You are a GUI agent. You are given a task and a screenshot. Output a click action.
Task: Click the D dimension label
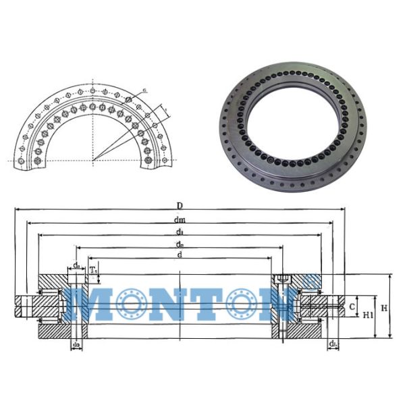click(180, 205)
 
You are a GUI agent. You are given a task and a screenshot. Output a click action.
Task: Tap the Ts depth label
click(94, 270)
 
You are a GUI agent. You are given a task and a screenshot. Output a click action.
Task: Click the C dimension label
click(353, 306)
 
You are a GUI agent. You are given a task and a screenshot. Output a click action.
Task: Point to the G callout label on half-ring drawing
click(145, 90)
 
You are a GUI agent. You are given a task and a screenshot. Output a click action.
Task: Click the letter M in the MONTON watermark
click(91, 304)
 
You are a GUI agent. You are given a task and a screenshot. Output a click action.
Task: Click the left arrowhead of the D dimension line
click(15, 210)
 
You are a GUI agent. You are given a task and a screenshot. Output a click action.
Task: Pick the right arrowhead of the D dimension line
click(344, 210)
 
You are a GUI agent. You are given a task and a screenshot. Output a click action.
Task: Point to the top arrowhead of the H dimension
click(391, 277)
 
